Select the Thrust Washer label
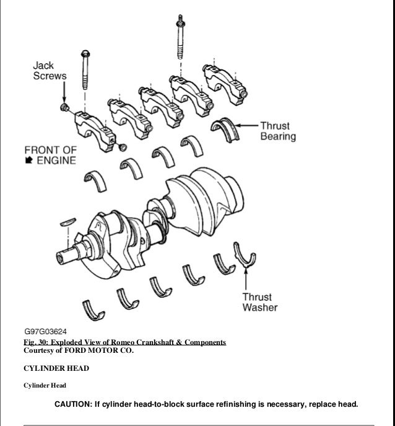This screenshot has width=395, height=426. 259,301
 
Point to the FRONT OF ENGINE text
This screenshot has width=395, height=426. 50,155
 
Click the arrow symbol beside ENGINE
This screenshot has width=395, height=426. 29,161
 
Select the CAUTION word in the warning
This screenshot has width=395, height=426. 72,405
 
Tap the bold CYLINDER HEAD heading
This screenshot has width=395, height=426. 56,368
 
